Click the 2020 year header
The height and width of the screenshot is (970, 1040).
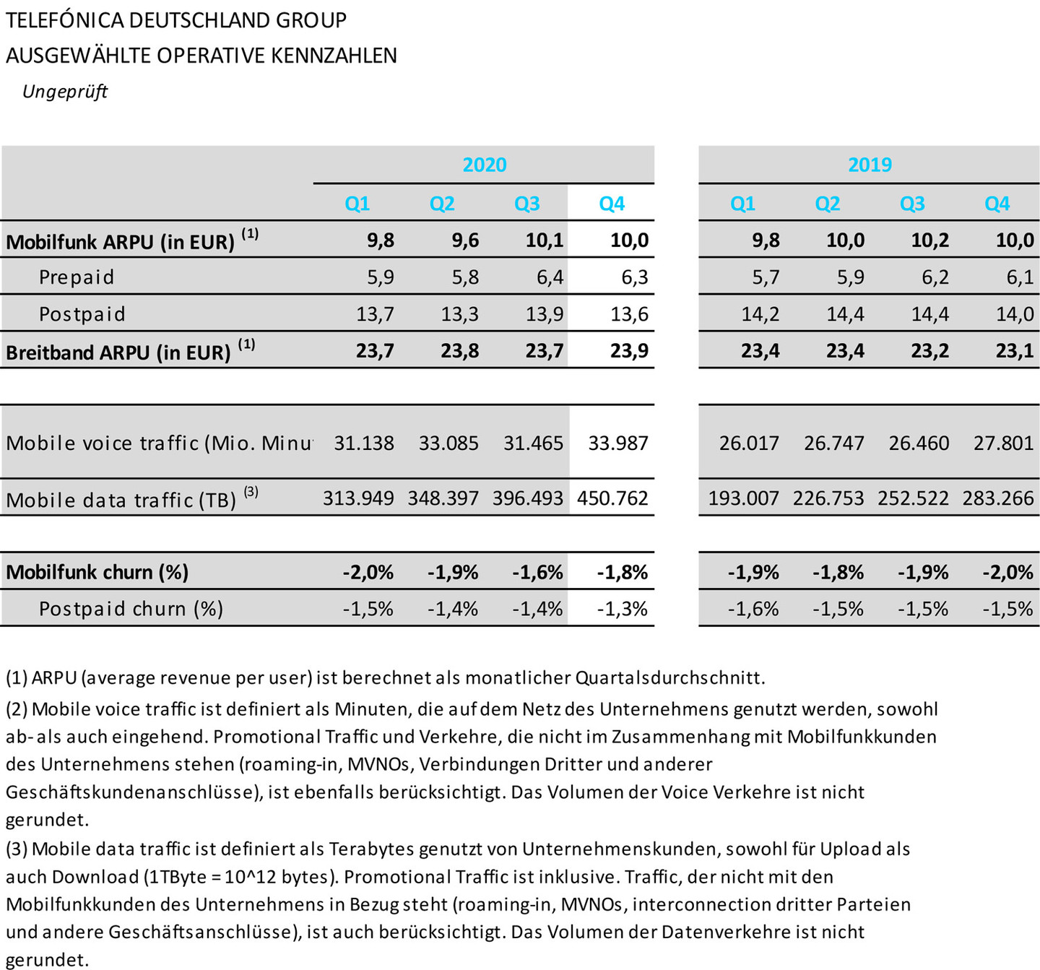[x=484, y=165]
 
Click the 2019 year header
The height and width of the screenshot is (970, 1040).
[x=869, y=165]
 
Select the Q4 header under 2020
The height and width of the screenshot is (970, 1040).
[x=612, y=204]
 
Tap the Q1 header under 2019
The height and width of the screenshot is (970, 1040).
[x=742, y=204]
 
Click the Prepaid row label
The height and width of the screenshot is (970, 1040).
[x=77, y=277]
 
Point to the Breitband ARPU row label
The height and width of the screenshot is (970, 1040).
[x=118, y=352]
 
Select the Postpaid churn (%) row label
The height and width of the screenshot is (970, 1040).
[x=131, y=609]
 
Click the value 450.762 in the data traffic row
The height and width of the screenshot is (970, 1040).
[x=612, y=498]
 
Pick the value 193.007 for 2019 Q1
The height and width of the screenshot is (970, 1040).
[x=743, y=498]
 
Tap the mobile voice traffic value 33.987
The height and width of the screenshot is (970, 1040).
[x=618, y=443]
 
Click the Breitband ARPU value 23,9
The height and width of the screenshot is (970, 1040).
[x=629, y=351]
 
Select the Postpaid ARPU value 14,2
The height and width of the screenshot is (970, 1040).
[x=760, y=314]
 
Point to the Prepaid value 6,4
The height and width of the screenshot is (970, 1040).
[x=550, y=277]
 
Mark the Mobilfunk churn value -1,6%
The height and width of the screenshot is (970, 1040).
[x=537, y=573]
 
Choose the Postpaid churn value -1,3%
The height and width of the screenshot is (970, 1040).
[x=622, y=609]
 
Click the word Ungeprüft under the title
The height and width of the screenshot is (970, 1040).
[x=65, y=92]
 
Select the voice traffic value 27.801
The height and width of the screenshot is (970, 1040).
[x=1003, y=443]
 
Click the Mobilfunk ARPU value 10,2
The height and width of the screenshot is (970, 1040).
[x=929, y=241]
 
